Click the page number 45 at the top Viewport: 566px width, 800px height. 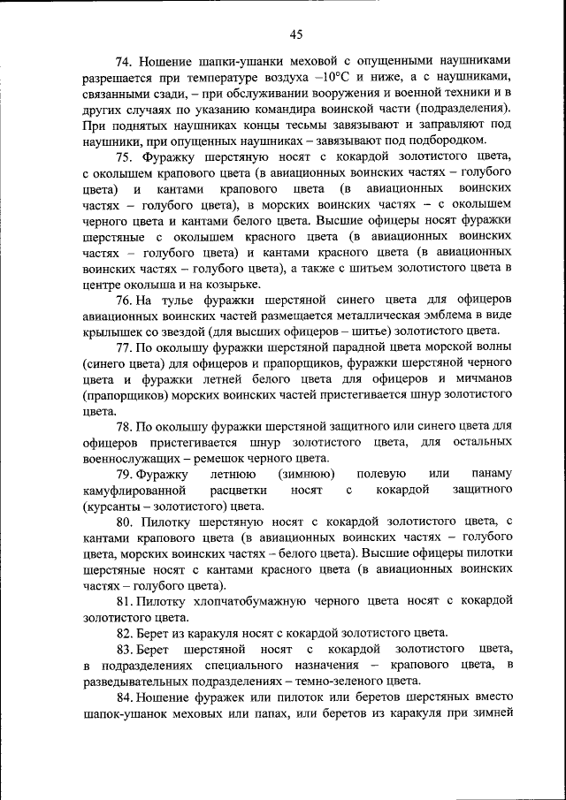295,34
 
